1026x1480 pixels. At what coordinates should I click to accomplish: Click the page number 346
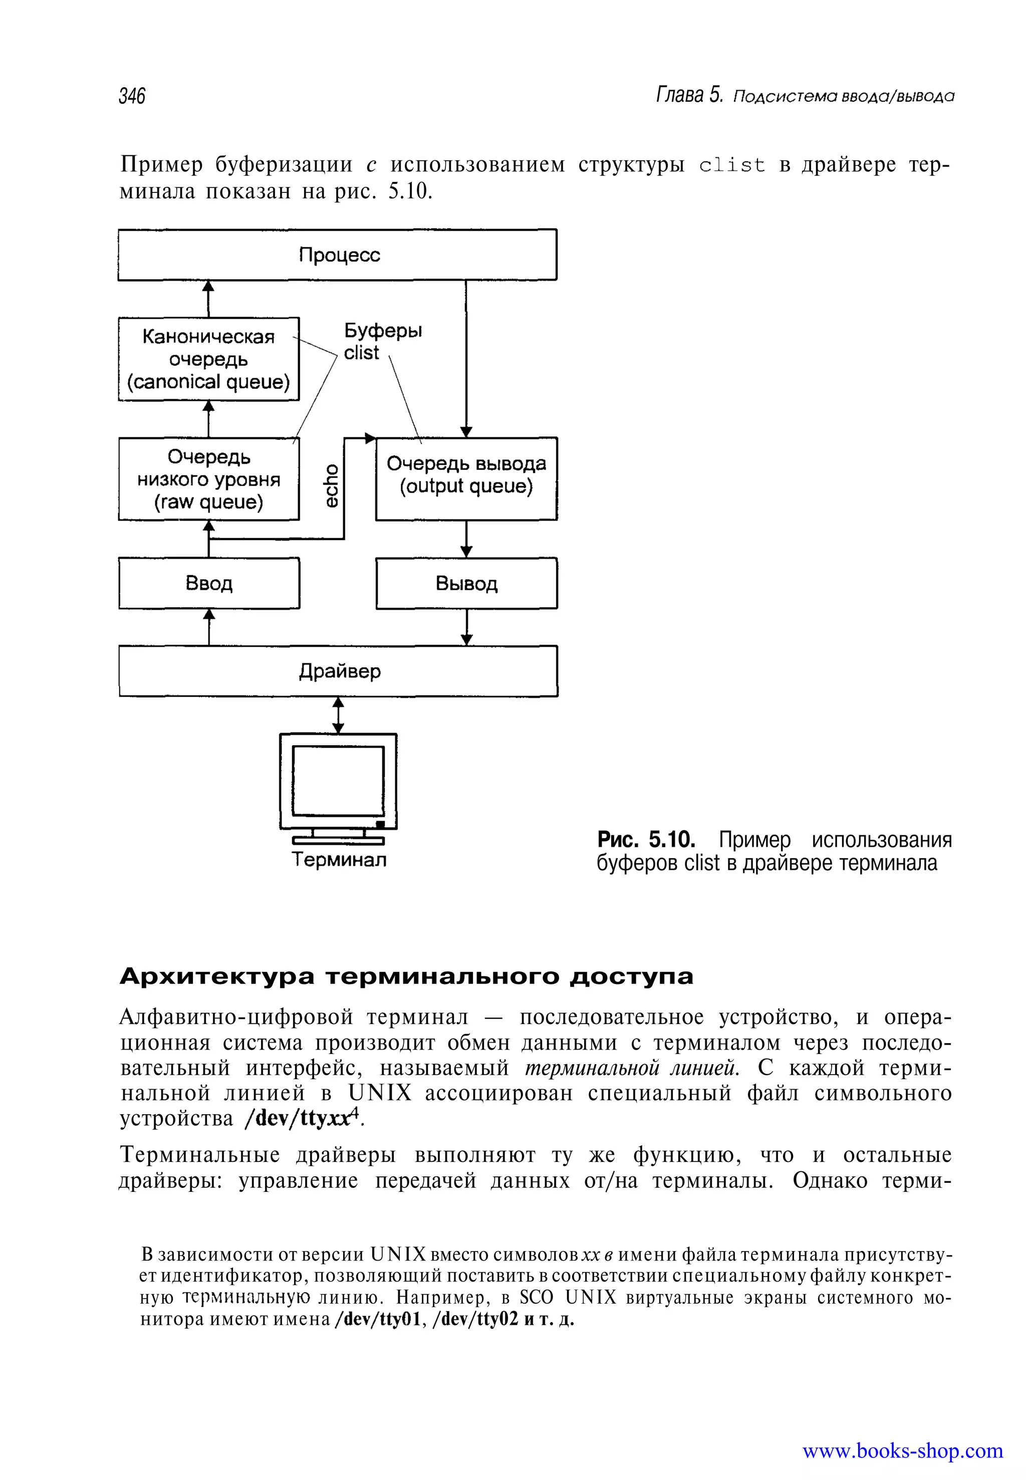(132, 96)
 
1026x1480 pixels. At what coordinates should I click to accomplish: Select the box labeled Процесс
(338, 255)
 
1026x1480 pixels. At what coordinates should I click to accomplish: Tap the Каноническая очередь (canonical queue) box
(209, 359)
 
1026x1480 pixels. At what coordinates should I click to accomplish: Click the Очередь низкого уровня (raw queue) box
(209, 479)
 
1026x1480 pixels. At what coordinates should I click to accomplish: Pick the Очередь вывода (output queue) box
(466, 479)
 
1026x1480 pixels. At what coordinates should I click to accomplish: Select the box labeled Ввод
(209, 583)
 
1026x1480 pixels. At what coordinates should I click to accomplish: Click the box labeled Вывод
(466, 583)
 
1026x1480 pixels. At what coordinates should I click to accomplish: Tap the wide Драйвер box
(338, 671)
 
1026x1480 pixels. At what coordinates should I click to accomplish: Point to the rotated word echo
(331, 485)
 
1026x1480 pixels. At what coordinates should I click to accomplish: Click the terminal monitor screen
(338, 781)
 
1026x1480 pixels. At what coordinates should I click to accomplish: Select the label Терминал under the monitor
(339, 860)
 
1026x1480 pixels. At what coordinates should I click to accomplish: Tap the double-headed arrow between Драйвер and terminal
(338, 715)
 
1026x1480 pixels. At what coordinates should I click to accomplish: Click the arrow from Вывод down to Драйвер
(467, 627)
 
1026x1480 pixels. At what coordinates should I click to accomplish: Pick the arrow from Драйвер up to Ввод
(209, 627)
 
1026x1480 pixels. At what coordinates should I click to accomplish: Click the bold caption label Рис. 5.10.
(646, 840)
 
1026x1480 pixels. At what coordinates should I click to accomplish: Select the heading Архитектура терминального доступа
(406, 976)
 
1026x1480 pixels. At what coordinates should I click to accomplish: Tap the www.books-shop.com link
(902, 1451)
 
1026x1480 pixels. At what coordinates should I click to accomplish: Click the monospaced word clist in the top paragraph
(732, 165)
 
